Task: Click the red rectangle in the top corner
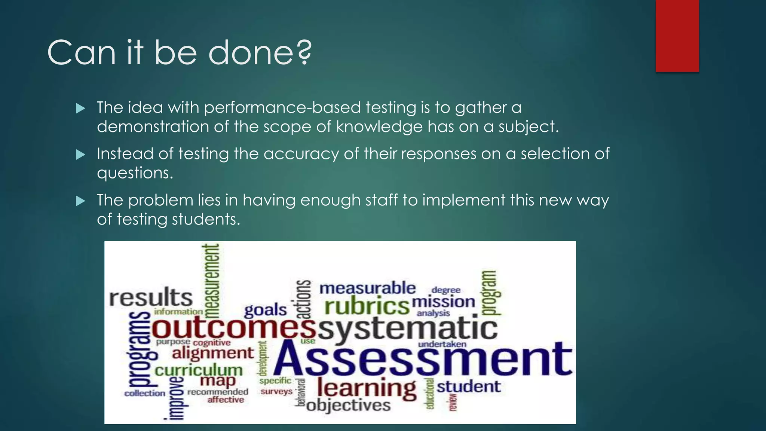click(677, 36)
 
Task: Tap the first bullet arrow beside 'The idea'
click(80, 108)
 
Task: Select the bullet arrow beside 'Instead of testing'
click(80, 155)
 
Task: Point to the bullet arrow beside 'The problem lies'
click(80, 201)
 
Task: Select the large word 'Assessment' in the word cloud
click(423, 359)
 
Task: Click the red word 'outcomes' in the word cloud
click(234, 327)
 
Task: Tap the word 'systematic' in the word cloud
click(408, 328)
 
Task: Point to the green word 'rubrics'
click(367, 306)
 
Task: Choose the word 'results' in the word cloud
click(151, 298)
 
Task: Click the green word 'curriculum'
click(199, 370)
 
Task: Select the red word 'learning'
click(367, 388)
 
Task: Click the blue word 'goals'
click(265, 310)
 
